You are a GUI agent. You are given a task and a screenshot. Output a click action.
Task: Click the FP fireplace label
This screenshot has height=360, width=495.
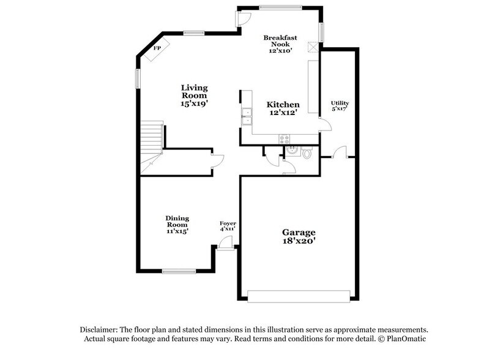157,48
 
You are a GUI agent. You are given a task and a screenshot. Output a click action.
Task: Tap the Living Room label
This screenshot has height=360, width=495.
193,91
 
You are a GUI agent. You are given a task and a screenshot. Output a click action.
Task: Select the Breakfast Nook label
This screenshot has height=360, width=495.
280,41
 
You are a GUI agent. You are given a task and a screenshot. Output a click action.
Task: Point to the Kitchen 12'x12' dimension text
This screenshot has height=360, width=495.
283,113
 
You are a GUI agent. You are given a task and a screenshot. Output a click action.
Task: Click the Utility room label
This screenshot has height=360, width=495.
340,103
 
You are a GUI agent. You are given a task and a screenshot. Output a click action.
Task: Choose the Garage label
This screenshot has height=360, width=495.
299,232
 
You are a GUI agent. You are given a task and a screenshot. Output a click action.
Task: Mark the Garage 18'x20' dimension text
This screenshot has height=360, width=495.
299,242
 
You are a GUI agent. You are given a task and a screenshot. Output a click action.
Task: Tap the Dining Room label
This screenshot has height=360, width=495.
177,221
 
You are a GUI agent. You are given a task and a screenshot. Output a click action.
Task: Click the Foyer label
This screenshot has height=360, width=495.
228,223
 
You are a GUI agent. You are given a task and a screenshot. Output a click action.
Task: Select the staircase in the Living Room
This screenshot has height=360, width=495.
150,144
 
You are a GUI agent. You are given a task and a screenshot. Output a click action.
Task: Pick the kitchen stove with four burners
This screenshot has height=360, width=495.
285,139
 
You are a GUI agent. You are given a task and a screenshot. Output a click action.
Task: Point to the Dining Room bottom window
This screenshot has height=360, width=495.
179,271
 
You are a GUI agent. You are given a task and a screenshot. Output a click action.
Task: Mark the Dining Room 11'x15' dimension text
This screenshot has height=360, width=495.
177,231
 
